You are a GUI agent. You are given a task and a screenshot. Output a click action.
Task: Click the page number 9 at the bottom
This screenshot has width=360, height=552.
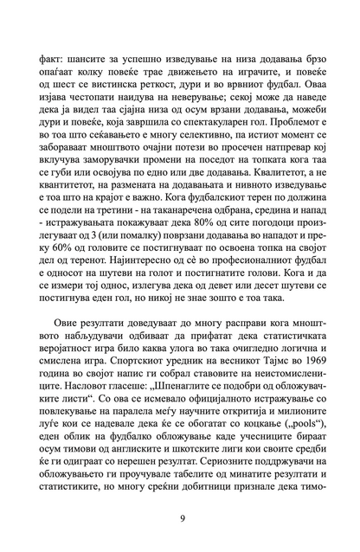click(x=180, y=519)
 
